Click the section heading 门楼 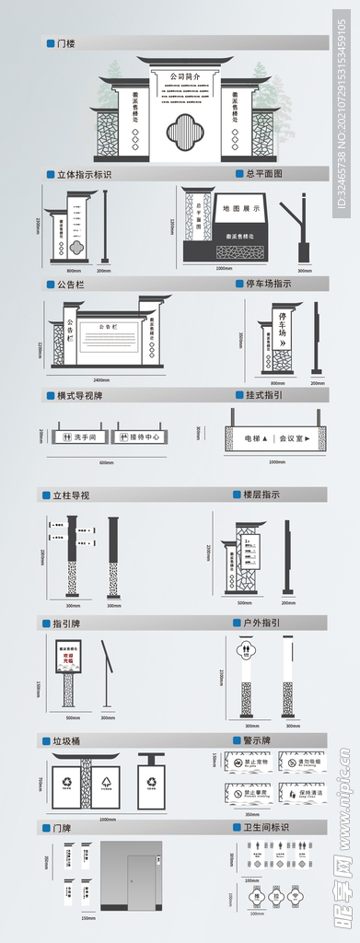click(66, 43)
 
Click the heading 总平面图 click(264, 173)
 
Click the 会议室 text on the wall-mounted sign click(295, 439)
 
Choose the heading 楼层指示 click(261, 495)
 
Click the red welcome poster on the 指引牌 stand click(68, 657)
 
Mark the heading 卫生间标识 click(266, 827)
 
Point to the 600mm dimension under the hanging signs click(107, 462)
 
